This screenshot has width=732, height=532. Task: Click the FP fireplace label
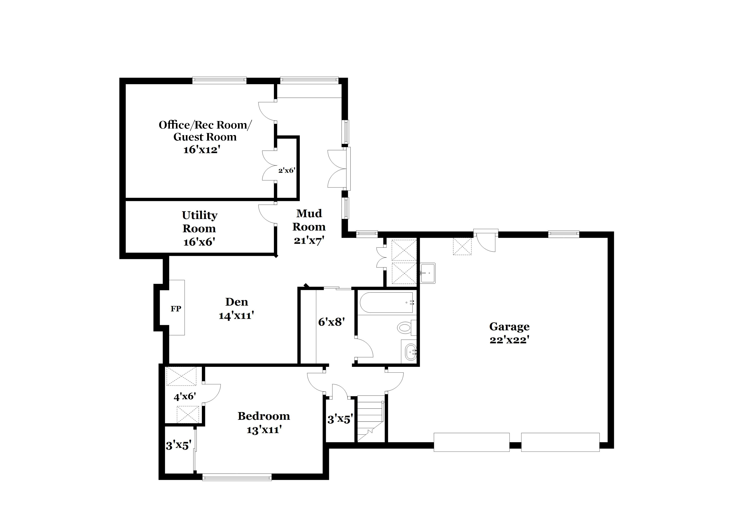[x=176, y=309]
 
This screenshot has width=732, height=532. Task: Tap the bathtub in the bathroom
[x=387, y=303]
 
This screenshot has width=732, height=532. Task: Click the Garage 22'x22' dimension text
[x=509, y=340]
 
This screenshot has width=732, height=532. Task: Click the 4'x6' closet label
[x=185, y=396]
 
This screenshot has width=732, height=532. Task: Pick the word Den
[x=237, y=302]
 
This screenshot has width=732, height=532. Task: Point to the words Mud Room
[x=309, y=220]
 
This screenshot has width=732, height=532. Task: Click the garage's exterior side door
[x=486, y=240]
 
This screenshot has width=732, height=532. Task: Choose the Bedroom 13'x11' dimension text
[x=264, y=430]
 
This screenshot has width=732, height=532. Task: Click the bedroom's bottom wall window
[x=237, y=477]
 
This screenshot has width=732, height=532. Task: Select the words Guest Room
[x=205, y=137]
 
